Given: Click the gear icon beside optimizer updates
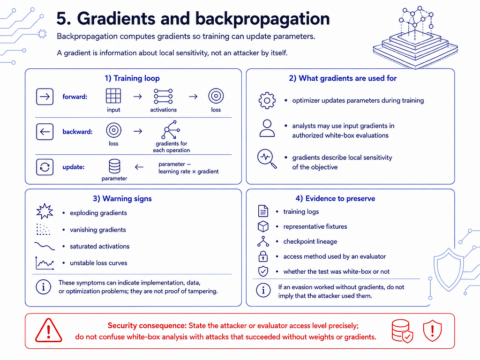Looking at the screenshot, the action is point(267,100).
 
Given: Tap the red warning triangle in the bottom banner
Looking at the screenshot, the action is point(48,330).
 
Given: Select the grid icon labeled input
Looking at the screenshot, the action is point(113,96).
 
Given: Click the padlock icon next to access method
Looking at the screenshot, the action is point(263,256).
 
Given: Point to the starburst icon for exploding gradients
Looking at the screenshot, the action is point(45,211).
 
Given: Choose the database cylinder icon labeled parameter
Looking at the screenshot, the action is point(114,166).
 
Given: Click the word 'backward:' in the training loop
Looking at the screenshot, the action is point(77,132).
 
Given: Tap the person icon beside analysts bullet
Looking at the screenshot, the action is point(267,128).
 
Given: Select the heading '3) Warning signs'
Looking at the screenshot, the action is point(122,198).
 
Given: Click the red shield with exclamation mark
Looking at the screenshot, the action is point(432,330).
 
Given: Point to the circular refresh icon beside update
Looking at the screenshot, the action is point(45,167).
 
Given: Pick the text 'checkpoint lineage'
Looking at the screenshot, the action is point(310,241).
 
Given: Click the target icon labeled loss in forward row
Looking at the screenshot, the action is point(216,96).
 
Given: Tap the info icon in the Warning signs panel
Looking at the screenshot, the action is point(43,287).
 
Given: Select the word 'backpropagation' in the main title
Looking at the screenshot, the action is point(262,19).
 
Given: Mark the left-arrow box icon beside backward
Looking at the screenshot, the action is point(45,132).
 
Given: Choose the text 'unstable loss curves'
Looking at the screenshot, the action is point(98,262).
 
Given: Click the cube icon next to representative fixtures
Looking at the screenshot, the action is point(263,226).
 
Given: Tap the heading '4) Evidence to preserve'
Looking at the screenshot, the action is point(335,198).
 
